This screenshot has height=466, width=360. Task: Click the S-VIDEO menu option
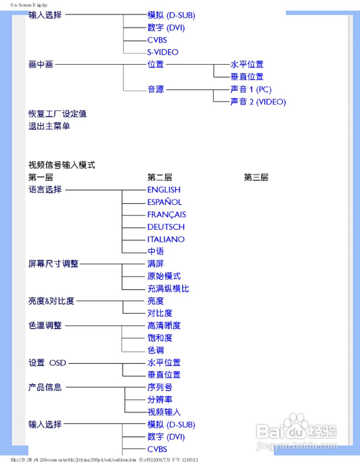tap(163, 52)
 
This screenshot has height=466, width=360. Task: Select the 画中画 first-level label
tap(41, 65)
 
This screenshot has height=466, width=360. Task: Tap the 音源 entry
tap(156, 90)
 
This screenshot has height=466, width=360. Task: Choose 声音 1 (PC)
tap(251, 90)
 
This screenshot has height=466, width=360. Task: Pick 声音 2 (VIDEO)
tap(258, 102)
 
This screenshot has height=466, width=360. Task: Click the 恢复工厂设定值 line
tap(58, 114)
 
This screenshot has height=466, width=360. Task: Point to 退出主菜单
tap(49, 126)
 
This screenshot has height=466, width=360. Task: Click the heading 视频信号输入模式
tap(62, 165)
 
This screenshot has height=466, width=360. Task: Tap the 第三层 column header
tap(256, 178)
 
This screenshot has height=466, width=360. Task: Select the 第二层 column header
tap(159, 178)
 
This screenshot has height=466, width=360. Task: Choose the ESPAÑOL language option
tap(165, 202)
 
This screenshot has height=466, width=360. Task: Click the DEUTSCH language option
tap(166, 227)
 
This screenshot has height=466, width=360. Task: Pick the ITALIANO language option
tap(166, 240)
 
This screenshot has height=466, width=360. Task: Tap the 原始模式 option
tap(164, 276)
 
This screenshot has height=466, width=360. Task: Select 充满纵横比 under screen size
tap(168, 289)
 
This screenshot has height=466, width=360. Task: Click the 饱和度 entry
tap(160, 338)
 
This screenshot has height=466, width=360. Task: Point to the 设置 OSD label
tap(47, 363)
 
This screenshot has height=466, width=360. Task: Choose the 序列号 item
tap(160, 387)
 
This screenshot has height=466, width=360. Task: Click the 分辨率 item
tap(160, 400)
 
